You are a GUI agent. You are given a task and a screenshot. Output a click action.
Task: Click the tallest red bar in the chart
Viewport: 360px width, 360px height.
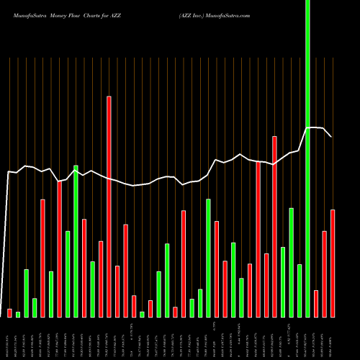click(x=109, y=206)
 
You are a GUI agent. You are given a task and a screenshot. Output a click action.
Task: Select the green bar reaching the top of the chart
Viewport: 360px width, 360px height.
click(x=308, y=158)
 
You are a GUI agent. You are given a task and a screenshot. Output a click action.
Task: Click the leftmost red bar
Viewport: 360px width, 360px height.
click(x=10, y=312)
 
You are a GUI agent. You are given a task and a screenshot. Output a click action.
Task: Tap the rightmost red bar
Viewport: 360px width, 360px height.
click(x=333, y=263)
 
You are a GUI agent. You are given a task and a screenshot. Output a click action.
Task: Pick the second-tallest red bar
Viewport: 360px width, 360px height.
click(x=274, y=226)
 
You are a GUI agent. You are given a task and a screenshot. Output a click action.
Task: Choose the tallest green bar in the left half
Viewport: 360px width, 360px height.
click(x=76, y=241)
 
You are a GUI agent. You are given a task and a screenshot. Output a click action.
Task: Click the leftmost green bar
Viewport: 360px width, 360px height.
click(x=18, y=314)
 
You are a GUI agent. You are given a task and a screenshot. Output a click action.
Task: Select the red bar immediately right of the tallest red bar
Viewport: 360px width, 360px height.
click(x=117, y=291)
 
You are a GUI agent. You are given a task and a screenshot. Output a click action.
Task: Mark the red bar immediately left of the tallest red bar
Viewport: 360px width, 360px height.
click(x=101, y=279)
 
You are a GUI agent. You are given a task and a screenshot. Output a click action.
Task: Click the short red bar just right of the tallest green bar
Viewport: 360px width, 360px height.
click(x=316, y=303)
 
